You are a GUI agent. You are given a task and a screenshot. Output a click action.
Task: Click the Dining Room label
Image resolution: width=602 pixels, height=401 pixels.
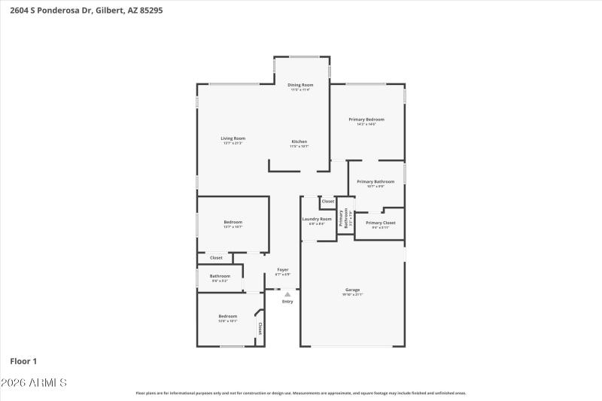pyautogui.click(x=300, y=85)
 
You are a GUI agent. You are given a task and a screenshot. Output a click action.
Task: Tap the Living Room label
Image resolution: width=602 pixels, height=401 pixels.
pyautogui.click(x=233, y=138)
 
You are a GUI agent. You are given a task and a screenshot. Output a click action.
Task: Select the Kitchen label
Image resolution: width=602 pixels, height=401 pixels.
pyautogui.click(x=299, y=141)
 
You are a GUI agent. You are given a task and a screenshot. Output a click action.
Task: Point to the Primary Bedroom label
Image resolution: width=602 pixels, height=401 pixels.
pyautogui.click(x=366, y=120)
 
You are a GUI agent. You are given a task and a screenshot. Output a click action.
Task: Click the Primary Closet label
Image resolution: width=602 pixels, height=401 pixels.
pyautogui.click(x=380, y=223)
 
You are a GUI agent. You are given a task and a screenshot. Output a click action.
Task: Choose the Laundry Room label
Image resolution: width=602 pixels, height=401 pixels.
pyautogui.click(x=317, y=219)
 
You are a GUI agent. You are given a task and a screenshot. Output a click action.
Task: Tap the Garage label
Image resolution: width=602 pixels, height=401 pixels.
pyautogui.click(x=352, y=290)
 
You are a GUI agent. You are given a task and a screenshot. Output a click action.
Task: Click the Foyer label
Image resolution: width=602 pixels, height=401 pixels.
pyautogui.click(x=283, y=269)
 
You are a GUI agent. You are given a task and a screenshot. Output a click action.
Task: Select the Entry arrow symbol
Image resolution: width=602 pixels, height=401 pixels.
pyautogui.click(x=287, y=294)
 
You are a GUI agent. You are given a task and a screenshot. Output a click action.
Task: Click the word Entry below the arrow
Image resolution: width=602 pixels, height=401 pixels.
pyautogui.click(x=287, y=302)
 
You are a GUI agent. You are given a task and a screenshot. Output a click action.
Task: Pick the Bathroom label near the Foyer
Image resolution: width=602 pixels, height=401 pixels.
pyautogui.click(x=220, y=276)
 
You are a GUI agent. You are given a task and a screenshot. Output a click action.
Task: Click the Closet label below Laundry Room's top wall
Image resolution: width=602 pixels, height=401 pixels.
pyautogui.click(x=328, y=202)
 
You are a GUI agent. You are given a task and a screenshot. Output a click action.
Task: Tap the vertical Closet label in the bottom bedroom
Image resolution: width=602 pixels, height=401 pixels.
pyautogui.click(x=260, y=328)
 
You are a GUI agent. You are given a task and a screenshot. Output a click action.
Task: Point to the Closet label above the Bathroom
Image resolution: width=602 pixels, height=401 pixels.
pyautogui.click(x=216, y=258)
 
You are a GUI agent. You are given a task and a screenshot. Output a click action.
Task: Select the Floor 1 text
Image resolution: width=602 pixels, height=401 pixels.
pyautogui.click(x=23, y=361)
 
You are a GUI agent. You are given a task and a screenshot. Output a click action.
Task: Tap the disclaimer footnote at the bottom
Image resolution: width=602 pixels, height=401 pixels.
pyautogui.click(x=300, y=393)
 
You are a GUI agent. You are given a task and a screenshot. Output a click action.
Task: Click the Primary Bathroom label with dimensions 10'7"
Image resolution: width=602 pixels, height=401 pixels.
pyautogui.click(x=375, y=182)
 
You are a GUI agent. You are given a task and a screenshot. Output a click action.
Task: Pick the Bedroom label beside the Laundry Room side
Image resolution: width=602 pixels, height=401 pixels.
pyautogui.click(x=233, y=222)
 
